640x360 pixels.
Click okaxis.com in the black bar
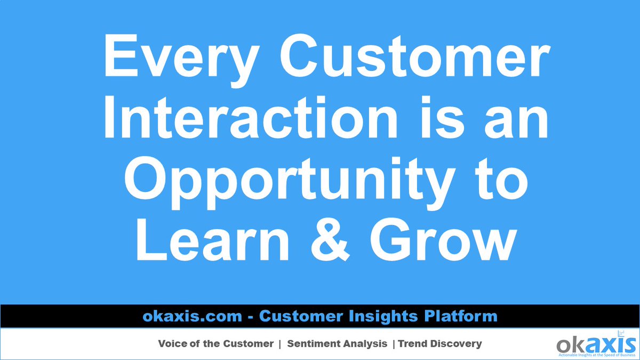pos(193,316)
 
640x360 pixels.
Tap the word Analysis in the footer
pos(365,344)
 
